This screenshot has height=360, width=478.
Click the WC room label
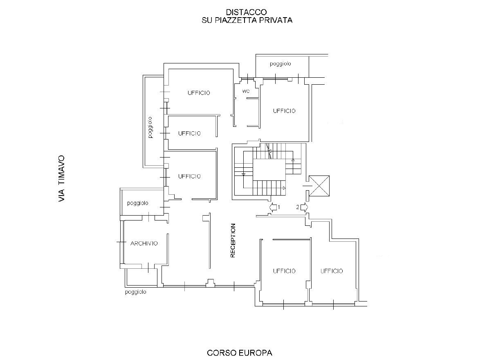[x=246, y=91]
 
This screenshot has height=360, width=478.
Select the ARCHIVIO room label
[x=144, y=243]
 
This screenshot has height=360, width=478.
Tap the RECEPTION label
[x=233, y=241]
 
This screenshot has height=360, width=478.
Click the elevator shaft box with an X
[x=319, y=186]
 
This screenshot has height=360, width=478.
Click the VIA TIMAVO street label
[x=62, y=178]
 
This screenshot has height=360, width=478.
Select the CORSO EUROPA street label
[x=240, y=353]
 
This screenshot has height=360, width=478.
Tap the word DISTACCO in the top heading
[x=246, y=12]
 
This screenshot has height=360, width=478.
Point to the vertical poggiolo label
[x=150, y=127]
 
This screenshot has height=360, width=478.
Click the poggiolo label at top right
[x=281, y=64]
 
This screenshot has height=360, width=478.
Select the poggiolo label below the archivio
[x=136, y=292]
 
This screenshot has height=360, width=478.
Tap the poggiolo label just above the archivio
[x=138, y=203]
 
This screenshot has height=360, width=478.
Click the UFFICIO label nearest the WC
[x=284, y=111]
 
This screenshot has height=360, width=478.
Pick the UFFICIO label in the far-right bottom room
[x=332, y=271]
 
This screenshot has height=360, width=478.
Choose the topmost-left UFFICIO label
[x=199, y=93]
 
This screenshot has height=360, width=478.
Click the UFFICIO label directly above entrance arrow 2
[x=284, y=111]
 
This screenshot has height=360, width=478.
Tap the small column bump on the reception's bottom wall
[x=210, y=283]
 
